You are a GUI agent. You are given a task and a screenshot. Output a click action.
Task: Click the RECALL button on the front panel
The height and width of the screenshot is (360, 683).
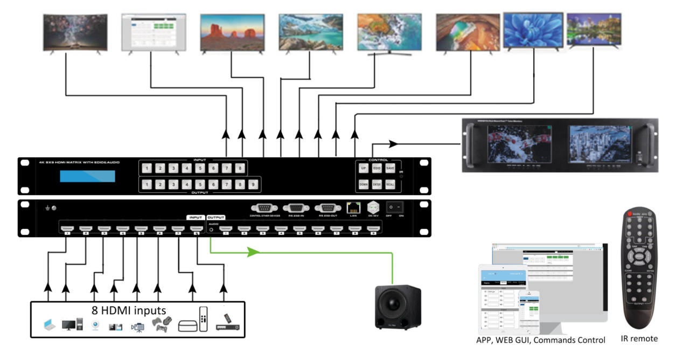click(x=390, y=184)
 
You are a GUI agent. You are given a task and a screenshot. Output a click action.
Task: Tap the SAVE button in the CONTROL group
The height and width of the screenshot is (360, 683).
click(x=390, y=168)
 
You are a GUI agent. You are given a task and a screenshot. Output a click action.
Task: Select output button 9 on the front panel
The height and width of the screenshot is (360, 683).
click(x=253, y=185)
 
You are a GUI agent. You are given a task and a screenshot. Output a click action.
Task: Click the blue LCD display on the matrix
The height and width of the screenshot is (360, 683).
click(x=87, y=175)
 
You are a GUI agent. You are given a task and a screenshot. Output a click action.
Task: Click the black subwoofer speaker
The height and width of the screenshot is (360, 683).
click(x=398, y=306)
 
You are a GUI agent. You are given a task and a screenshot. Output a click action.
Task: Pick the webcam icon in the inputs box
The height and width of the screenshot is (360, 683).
click(x=95, y=326)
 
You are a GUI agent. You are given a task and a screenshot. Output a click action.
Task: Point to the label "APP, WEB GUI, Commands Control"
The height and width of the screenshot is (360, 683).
click(x=540, y=340)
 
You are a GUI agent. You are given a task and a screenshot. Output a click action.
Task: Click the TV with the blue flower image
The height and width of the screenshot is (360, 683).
click(x=533, y=30)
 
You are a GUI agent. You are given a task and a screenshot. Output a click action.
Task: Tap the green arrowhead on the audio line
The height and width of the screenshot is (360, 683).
click(x=253, y=252)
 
